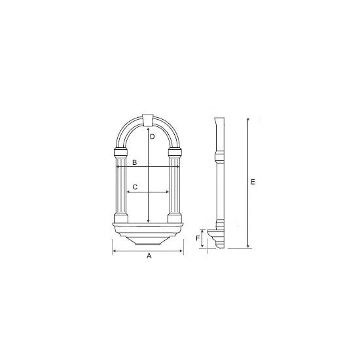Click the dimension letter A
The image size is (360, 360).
(x=149, y=255)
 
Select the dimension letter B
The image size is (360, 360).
(x=135, y=162)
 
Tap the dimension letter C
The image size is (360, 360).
(x=135, y=187)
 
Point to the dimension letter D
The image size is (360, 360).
(x=153, y=137)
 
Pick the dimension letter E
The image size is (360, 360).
(x=253, y=182)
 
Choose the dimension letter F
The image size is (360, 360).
(x=198, y=238)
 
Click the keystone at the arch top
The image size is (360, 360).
(x=148, y=120)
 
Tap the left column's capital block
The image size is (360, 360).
(x=121, y=153)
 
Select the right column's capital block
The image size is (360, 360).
(x=175, y=153)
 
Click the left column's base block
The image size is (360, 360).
(x=121, y=218)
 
